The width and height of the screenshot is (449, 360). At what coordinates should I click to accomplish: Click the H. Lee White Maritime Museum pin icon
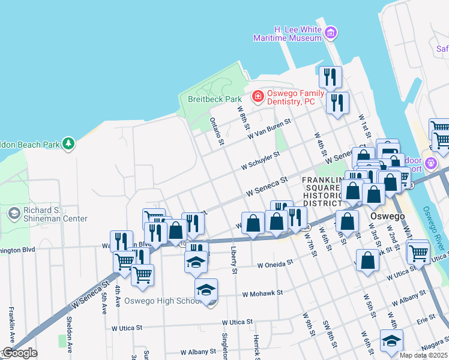330,32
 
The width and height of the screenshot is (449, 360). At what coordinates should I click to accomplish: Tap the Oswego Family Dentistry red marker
258,96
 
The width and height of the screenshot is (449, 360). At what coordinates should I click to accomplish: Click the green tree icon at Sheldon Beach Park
69,143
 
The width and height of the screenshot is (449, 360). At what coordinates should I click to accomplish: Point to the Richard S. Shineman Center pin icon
13,213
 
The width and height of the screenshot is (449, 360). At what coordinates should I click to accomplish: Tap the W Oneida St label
274,263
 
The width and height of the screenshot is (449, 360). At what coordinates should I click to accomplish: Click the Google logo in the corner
19,353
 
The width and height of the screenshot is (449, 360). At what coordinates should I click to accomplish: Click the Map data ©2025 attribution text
423,355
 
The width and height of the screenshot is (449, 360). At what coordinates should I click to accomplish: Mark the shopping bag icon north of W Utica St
367,262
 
